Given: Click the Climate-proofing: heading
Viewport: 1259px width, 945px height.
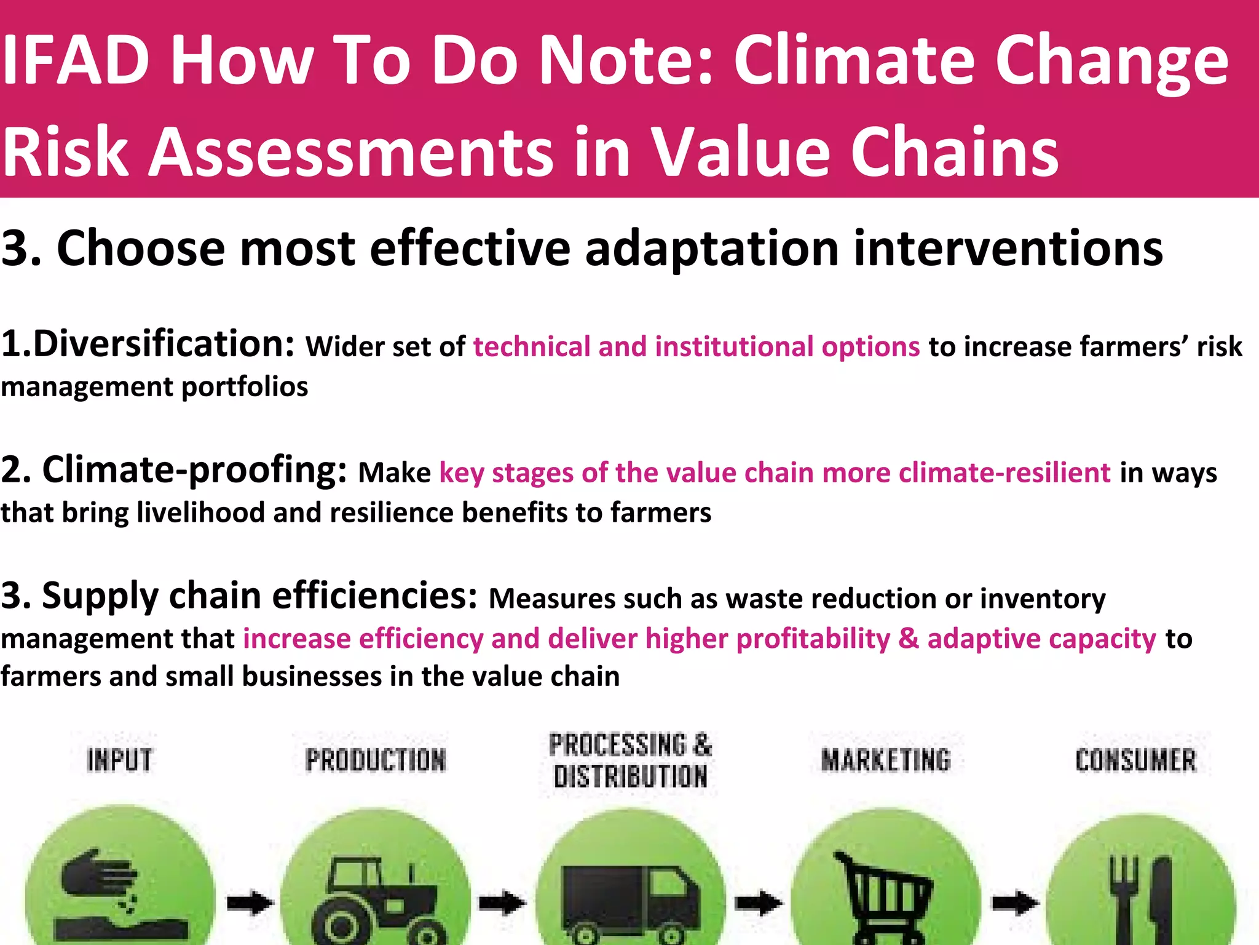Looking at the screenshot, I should (x=194, y=470).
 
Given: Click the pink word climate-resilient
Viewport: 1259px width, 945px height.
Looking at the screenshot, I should (x=1004, y=472).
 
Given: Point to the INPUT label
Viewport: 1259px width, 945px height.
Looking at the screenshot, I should (x=119, y=760).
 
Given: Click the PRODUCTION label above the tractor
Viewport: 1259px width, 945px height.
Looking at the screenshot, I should (x=376, y=760).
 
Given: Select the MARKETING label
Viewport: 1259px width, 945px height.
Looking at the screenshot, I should (x=886, y=760).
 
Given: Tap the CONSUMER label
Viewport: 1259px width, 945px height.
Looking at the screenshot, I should (x=1135, y=760).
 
